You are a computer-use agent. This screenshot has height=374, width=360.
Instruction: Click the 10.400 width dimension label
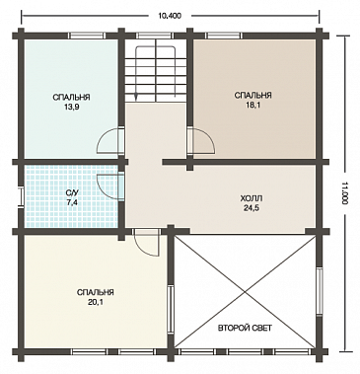pyautogui.click(x=170, y=16)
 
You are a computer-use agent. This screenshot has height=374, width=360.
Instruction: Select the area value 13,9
pyautogui.click(x=71, y=108)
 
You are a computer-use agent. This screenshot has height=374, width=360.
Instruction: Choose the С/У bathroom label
pyautogui.click(x=72, y=193)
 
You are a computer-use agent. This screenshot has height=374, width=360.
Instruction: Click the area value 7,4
pyautogui.click(x=72, y=202)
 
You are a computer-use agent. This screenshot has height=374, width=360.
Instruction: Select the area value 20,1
pyautogui.click(x=96, y=302)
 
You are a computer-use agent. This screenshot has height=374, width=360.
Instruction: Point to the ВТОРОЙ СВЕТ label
pyautogui.click(x=245, y=329)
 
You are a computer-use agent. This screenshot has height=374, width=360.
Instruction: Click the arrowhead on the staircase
pyautogui.click(x=136, y=97)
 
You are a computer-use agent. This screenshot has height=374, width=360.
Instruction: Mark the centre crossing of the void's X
pyautogui.click(x=244, y=291)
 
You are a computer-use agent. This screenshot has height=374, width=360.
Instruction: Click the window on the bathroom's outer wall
pyautogui.click(x=22, y=197)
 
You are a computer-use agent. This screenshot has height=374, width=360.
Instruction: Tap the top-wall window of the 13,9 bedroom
pyautogui.click(x=88, y=36)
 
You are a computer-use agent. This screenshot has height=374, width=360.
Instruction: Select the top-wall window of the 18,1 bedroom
pyautogui.click(x=224, y=36)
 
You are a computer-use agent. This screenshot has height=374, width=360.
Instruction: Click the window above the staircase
pyautogui.click(x=155, y=36)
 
